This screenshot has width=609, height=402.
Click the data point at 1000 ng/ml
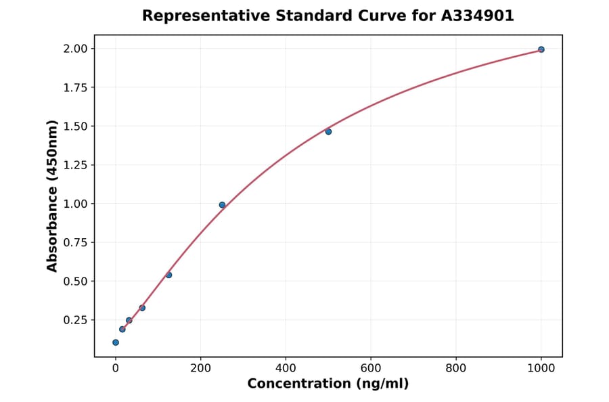pyautogui.click(x=541, y=49)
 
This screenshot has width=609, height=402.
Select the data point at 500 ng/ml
pyautogui.click(x=328, y=131)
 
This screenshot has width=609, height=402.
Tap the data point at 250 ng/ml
pyautogui.click(x=222, y=205)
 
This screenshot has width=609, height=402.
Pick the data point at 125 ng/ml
pyautogui.click(x=168, y=275)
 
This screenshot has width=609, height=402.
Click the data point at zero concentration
pyautogui.click(x=116, y=342)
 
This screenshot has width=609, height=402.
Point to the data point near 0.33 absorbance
pyautogui.click(x=142, y=308)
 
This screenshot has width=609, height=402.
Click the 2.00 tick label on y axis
pyautogui.click(x=75, y=49)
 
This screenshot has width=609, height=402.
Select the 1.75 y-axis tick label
pyautogui.click(x=75, y=87)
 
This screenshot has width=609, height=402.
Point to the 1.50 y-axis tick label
pyautogui.click(x=75, y=127)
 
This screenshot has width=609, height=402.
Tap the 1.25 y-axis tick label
pyautogui.click(x=75, y=165)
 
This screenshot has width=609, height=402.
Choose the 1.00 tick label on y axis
pyautogui.click(x=75, y=204)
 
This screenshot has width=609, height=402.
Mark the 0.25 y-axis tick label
pyautogui.click(x=75, y=320)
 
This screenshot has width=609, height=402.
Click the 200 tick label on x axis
pyautogui.click(x=200, y=368)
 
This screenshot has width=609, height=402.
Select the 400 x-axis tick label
pyautogui.click(x=286, y=368)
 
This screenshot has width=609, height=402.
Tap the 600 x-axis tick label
pyautogui.click(x=371, y=368)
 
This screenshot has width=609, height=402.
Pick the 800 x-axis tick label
pyautogui.click(x=456, y=368)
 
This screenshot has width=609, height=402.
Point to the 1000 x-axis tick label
pyautogui.click(x=541, y=368)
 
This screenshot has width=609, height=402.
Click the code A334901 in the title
pyautogui.click(x=478, y=16)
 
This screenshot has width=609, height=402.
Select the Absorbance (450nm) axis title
pyautogui.click(x=53, y=196)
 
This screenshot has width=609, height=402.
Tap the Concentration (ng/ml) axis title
pyautogui.click(x=328, y=384)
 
